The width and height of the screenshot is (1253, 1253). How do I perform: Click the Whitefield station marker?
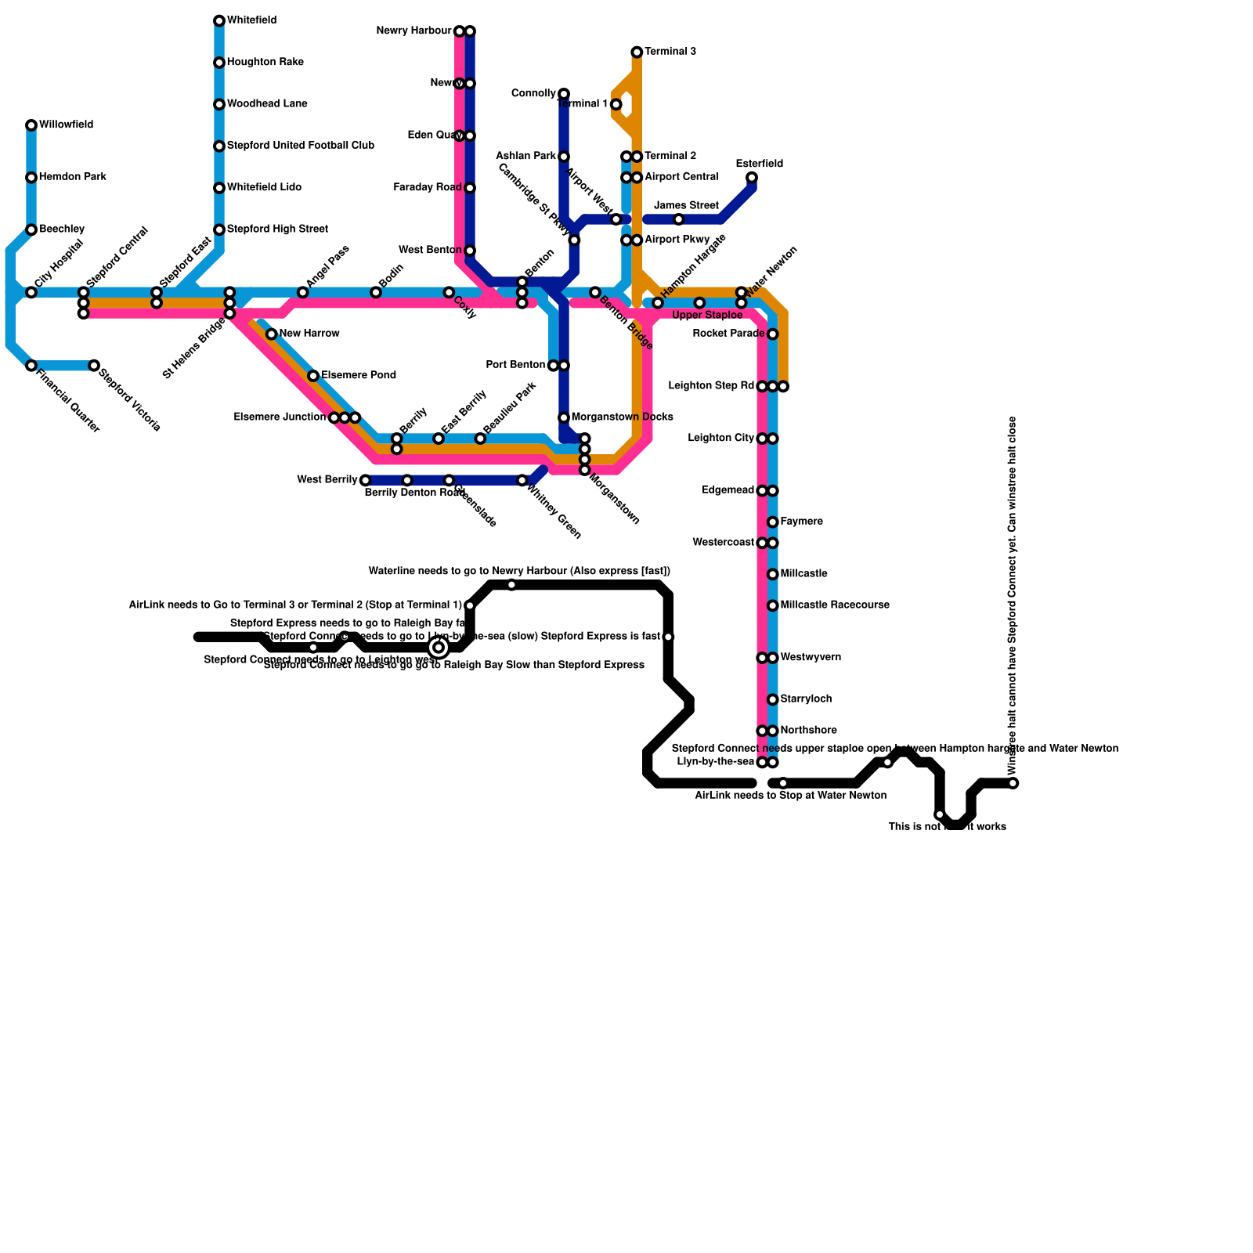(219, 21)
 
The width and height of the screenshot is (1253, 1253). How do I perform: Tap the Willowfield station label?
(66, 125)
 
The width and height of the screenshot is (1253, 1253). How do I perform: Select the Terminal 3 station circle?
(637, 52)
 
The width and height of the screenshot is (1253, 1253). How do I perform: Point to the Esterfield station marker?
(752, 178)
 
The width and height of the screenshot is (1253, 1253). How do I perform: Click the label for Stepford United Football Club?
(300, 146)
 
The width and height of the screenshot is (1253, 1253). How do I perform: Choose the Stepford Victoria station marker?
(94, 366)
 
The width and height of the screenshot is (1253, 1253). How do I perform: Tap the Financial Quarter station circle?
(31, 366)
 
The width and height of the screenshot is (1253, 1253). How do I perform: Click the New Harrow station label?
(309, 334)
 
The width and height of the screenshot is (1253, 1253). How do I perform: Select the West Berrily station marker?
(365, 480)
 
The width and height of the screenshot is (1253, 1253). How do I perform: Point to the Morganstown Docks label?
(622, 417)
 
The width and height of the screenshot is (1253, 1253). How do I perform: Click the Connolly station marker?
(564, 94)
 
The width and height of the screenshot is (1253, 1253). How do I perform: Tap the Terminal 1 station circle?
(616, 104)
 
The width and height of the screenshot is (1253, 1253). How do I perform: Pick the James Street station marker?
(679, 219)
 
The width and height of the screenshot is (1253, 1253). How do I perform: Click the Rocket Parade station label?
(728, 334)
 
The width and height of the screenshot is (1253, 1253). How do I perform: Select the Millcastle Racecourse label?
(835, 605)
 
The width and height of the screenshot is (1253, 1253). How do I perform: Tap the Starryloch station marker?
(773, 699)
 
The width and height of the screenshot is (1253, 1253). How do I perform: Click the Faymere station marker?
(773, 522)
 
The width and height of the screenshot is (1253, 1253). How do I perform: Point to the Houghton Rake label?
(265, 63)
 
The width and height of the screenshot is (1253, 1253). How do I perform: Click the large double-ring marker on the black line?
(439, 647)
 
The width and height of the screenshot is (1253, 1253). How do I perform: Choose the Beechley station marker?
(31, 229)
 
